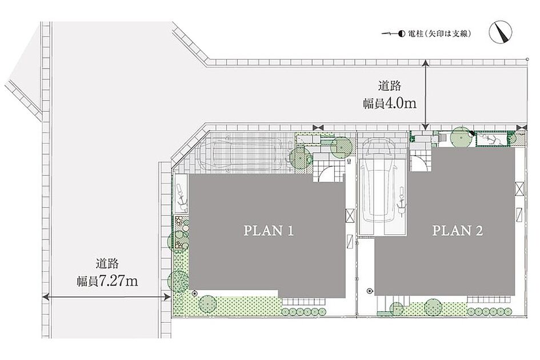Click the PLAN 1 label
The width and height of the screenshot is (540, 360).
(268, 230)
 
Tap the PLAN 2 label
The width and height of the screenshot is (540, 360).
(457, 230)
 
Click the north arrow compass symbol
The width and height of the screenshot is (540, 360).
(501, 33)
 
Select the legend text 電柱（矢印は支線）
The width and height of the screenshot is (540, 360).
(439, 34)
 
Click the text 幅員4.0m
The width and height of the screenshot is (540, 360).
(390, 103)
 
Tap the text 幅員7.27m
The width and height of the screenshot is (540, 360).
(107, 281)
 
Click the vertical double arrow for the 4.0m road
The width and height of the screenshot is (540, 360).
(426, 94)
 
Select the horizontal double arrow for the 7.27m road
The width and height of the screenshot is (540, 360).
(106, 297)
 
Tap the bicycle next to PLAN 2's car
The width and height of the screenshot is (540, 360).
(401, 201)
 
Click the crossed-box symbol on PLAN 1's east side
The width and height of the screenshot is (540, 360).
(350, 216)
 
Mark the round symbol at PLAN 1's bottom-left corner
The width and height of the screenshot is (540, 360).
(194, 294)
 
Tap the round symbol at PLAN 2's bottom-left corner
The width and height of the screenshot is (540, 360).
(370, 291)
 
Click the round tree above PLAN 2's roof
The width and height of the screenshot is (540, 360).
(461, 137)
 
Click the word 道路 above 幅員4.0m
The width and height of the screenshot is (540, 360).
(390, 86)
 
